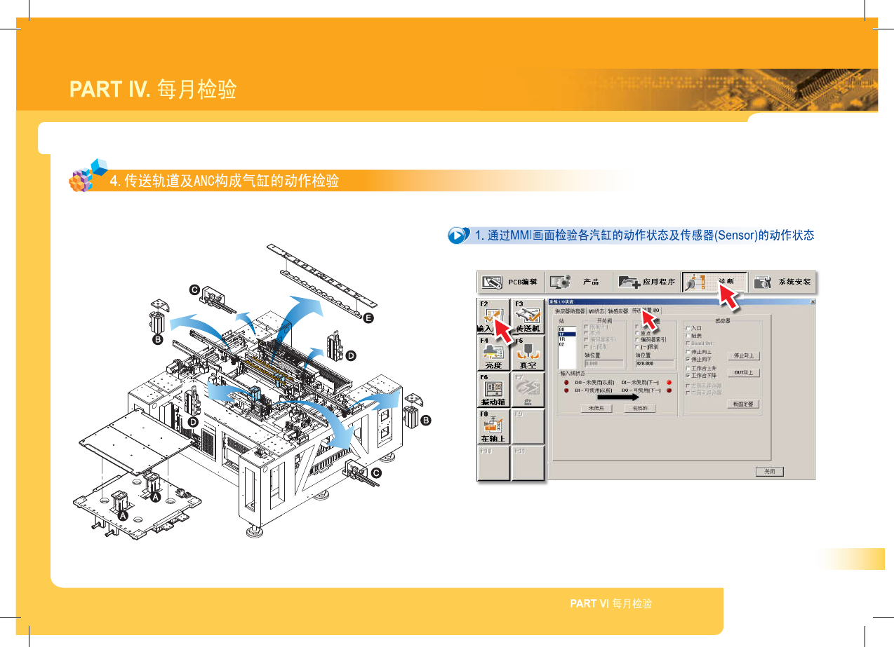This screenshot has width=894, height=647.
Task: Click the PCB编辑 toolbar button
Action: pos(510,282)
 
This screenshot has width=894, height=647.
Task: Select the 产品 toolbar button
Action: pos(578,282)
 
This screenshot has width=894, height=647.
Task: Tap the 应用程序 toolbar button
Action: pos(647,282)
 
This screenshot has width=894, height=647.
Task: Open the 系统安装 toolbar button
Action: pos(782,282)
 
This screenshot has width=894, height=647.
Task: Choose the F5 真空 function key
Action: pos(528,353)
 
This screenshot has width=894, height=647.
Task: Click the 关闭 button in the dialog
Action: pos(770,471)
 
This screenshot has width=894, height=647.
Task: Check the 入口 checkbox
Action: pos(688,327)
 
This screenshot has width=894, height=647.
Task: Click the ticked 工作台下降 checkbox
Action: pos(688,375)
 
